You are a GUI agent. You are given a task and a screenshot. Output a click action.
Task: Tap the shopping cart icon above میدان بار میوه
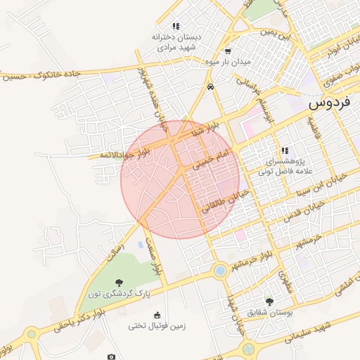[x=227, y=51]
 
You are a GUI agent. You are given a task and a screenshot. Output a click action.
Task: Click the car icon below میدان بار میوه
[x=210, y=87]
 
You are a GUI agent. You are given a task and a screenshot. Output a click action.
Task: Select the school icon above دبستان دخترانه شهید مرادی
[x=175, y=26]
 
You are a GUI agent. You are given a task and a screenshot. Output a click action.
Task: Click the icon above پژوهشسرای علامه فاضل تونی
[x=285, y=150]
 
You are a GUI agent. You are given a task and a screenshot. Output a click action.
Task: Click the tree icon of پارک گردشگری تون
[x=117, y=283]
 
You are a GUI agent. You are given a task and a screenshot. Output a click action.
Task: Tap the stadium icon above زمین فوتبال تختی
[x=157, y=314]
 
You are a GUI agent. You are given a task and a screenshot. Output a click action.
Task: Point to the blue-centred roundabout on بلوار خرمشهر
[x=220, y=271]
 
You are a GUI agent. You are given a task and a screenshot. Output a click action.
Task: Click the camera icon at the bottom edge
[x=111, y=356]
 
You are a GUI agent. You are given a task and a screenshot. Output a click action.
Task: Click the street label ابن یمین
[x=274, y=32]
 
